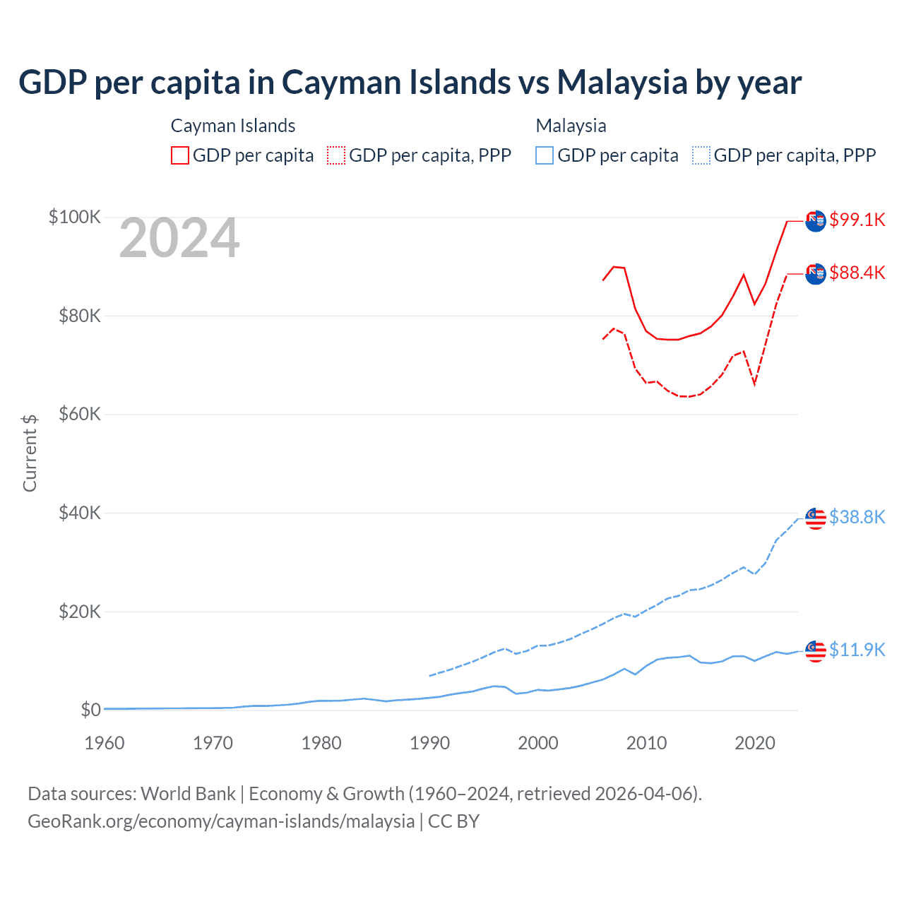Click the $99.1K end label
pyautogui.click(x=857, y=220)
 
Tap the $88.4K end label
pyautogui.click(x=857, y=273)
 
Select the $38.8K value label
pyautogui.click(x=857, y=517)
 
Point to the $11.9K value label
pyautogui.click(x=857, y=650)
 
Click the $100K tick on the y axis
pyautogui.click(x=75, y=217)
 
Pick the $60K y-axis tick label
pyautogui.click(x=80, y=414)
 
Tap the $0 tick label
pyautogui.click(x=90, y=710)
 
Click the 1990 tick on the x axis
pyautogui.click(x=429, y=743)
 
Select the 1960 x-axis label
pyautogui.click(x=105, y=743)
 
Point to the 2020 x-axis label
pyautogui.click(x=755, y=743)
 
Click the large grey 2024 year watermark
pyautogui.click(x=179, y=239)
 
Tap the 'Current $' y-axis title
pyautogui.click(x=30, y=453)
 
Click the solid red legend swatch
pyautogui.click(x=180, y=155)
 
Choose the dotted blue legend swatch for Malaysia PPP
pyautogui.click(x=701, y=155)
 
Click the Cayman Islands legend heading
pyautogui.click(x=233, y=126)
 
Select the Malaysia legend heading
pyautogui.click(x=571, y=126)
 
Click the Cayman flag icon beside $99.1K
pyautogui.click(x=816, y=220)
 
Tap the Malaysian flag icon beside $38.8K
pyautogui.click(x=816, y=518)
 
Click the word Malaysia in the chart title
pyautogui.click(x=622, y=82)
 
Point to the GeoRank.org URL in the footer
pyautogui.click(x=221, y=821)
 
